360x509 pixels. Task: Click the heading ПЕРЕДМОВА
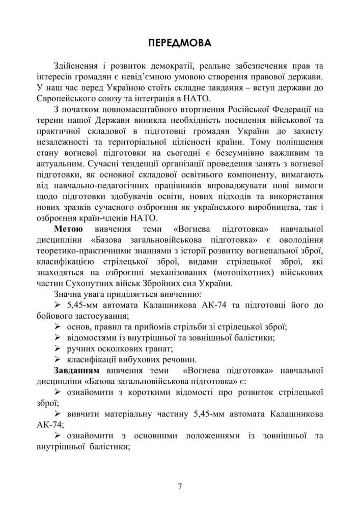tap(180, 42)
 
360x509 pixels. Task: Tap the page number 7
tap(180, 486)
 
